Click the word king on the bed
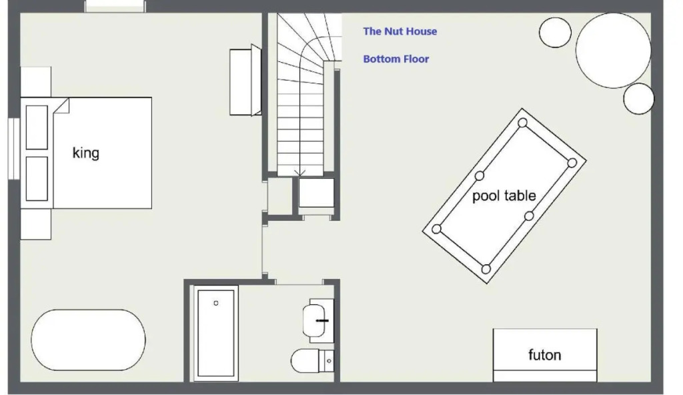coord(86,153)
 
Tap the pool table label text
coord(504,195)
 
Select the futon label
coord(544,355)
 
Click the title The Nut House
coord(400,31)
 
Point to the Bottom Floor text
coord(396,59)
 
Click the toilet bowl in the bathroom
coord(304,360)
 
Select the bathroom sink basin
coord(315,321)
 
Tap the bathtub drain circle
coord(216,303)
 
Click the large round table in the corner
coord(614,50)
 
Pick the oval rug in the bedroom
coord(89,340)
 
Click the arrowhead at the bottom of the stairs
coord(299,173)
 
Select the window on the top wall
coord(115,6)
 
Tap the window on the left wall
coord(14,148)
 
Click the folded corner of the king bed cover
coord(61,106)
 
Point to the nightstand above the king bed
coord(36,82)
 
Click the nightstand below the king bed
coord(36,224)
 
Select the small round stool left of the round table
coord(555,32)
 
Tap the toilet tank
coord(327,360)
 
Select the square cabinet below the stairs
coord(316,192)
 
